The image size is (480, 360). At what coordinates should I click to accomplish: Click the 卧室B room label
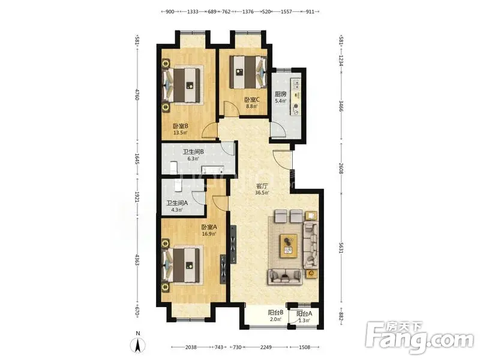point(181,126)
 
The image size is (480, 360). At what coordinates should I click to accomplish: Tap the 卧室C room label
point(252,100)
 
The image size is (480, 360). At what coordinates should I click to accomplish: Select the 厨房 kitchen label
point(280,94)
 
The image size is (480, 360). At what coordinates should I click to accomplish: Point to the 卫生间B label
point(193,152)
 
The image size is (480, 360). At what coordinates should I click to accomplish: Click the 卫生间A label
point(177,203)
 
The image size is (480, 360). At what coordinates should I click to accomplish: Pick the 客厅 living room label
point(262,186)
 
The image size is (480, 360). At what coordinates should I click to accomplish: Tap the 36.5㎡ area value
point(262,193)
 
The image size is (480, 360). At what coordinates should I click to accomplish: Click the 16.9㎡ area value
point(209,234)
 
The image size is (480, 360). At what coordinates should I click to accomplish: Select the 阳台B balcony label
point(275,313)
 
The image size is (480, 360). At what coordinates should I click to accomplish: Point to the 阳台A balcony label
point(304,314)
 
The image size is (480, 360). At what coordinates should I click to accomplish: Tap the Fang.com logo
point(420,337)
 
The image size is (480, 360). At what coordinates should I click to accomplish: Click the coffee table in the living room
point(289,246)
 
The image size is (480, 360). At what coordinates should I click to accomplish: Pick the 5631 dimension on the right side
point(341,248)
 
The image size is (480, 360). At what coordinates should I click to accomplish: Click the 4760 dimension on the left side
point(137,95)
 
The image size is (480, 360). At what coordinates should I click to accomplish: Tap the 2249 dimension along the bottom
point(266,347)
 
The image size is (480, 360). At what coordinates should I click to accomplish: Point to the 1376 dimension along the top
point(248,11)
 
